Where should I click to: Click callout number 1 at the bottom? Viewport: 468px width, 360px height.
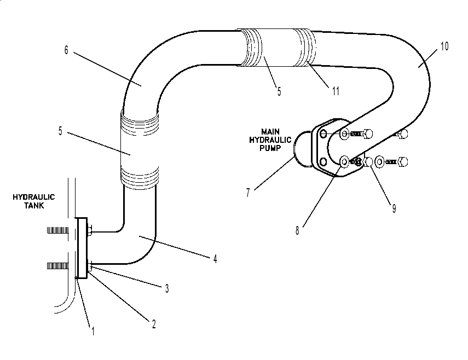(x=93, y=331)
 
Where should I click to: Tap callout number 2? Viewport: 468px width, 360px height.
(x=154, y=324)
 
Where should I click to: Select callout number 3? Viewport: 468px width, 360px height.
(x=167, y=288)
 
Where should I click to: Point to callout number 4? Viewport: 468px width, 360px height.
(x=215, y=259)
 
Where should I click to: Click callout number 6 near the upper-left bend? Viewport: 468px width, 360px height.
(x=66, y=50)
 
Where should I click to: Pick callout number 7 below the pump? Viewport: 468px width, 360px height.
(x=248, y=193)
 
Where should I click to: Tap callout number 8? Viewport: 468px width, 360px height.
(x=297, y=230)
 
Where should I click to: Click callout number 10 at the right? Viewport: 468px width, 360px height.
(x=444, y=46)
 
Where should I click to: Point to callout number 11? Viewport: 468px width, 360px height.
(x=336, y=91)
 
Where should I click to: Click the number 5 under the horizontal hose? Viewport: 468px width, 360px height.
(x=279, y=91)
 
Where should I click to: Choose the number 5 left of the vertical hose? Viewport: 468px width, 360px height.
(x=60, y=131)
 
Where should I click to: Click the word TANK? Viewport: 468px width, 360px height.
(x=34, y=206)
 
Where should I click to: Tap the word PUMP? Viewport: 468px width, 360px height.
(x=270, y=148)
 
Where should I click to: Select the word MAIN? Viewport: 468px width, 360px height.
(x=270, y=131)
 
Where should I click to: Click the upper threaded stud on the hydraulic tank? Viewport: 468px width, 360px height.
(x=57, y=230)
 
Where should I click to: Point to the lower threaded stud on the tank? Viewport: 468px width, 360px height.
(x=57, y=266)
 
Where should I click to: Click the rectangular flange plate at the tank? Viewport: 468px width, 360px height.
(x=82, y=248)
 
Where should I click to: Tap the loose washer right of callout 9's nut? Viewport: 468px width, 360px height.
(x=379, y=162)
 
